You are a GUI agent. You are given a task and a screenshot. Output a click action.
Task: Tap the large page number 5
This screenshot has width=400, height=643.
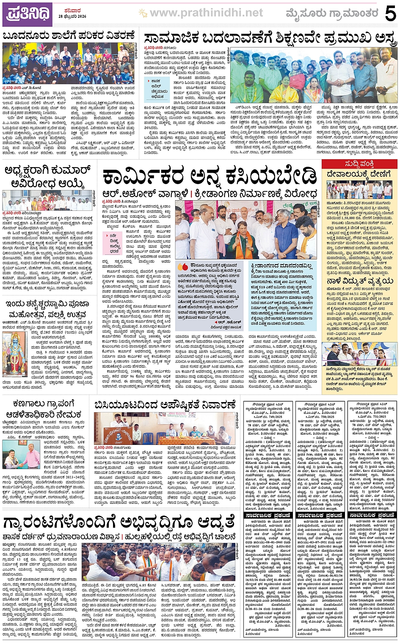pyautogui.click(x=390, y=14)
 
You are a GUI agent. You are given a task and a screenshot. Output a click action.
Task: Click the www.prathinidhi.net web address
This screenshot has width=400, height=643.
pyautogui.click(x=206, y=14)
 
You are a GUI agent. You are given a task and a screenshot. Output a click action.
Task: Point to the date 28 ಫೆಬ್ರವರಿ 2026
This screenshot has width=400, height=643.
pyautogui.click(x=70, y=16)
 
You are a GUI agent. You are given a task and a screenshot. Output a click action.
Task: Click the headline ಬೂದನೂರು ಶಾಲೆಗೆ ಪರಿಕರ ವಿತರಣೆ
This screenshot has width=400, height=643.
pyautogui.click(x=69, y=36)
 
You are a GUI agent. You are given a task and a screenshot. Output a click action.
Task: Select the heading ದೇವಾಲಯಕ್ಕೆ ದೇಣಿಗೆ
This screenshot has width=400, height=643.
pyautogui.click(x=359, y=174)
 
